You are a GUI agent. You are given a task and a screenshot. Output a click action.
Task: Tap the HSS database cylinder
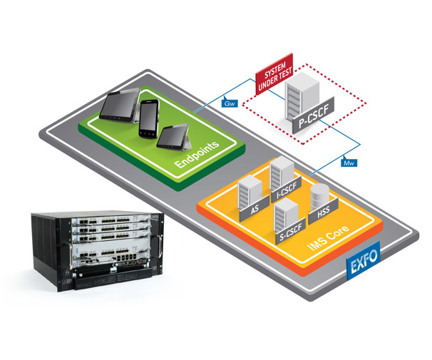(319, 196)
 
